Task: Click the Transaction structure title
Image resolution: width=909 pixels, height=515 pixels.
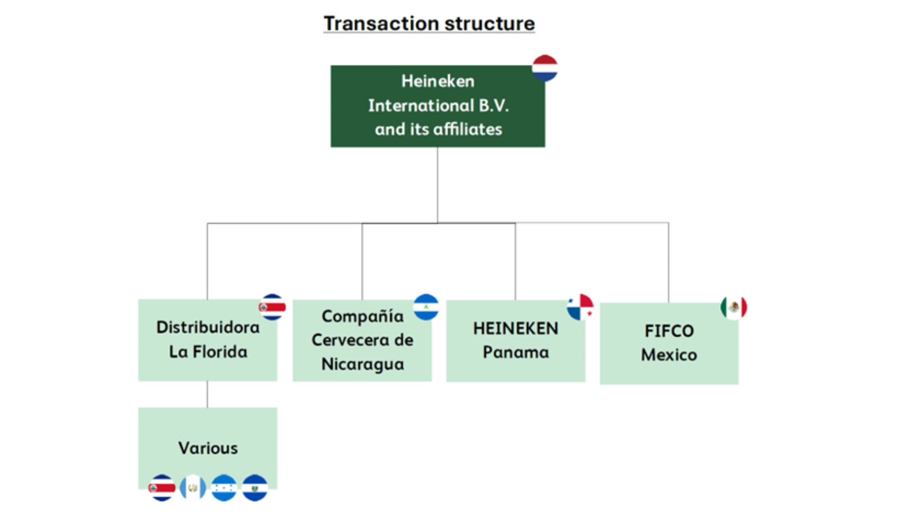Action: (x=429, y=24)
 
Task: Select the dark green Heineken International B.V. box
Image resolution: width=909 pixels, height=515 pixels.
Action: (x=437, y=106)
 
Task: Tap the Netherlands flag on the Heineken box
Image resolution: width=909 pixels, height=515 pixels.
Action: (x=544, y=68)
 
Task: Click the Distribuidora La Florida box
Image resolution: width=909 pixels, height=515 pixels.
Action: (x=208, y=340)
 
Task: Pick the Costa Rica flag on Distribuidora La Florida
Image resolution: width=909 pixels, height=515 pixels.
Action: (x=272, y=307)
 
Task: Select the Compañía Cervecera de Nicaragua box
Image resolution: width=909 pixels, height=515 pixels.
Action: (x=362, y=340)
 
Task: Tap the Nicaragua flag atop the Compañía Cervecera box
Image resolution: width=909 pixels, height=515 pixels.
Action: (x=426, y=307)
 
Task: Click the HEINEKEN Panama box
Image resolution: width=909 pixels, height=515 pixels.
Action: (x=515, y=340)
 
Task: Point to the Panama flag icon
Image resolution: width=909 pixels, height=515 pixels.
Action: (x=580, y=307)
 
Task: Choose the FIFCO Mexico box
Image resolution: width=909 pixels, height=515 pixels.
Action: (x=669, y=343)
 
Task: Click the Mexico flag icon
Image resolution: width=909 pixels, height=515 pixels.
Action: (x=734, y=307)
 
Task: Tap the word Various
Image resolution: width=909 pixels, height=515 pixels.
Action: (x=208, y=448)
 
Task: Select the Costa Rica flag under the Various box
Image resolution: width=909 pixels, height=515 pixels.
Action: (x=162, y=488)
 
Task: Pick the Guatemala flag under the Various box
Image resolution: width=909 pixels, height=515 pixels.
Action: (x=193, y=488)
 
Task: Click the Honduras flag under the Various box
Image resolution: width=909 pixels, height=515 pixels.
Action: (x=224, y=488)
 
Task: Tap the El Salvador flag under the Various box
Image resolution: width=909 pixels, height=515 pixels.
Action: (x=255, y=488)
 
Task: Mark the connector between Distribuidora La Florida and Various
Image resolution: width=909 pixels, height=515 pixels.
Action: (x=208, y=394)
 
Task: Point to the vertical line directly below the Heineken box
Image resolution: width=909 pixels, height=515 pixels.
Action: (x=437, y=185)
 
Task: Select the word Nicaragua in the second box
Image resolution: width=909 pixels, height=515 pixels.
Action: (x=363, y=364)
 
